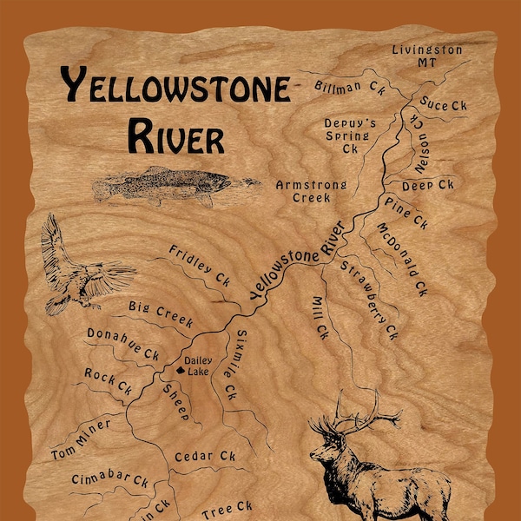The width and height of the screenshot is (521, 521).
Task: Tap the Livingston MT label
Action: (426, 57)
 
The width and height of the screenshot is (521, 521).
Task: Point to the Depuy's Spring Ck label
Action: (350, 135)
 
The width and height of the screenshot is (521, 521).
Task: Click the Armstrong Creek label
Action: (311, 191)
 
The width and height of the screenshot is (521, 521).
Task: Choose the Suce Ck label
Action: (445, 105)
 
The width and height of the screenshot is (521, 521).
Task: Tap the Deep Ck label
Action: (428, 185)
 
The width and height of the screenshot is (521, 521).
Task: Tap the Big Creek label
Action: (160, 313)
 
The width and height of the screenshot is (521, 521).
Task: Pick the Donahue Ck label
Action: (122, 344)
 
